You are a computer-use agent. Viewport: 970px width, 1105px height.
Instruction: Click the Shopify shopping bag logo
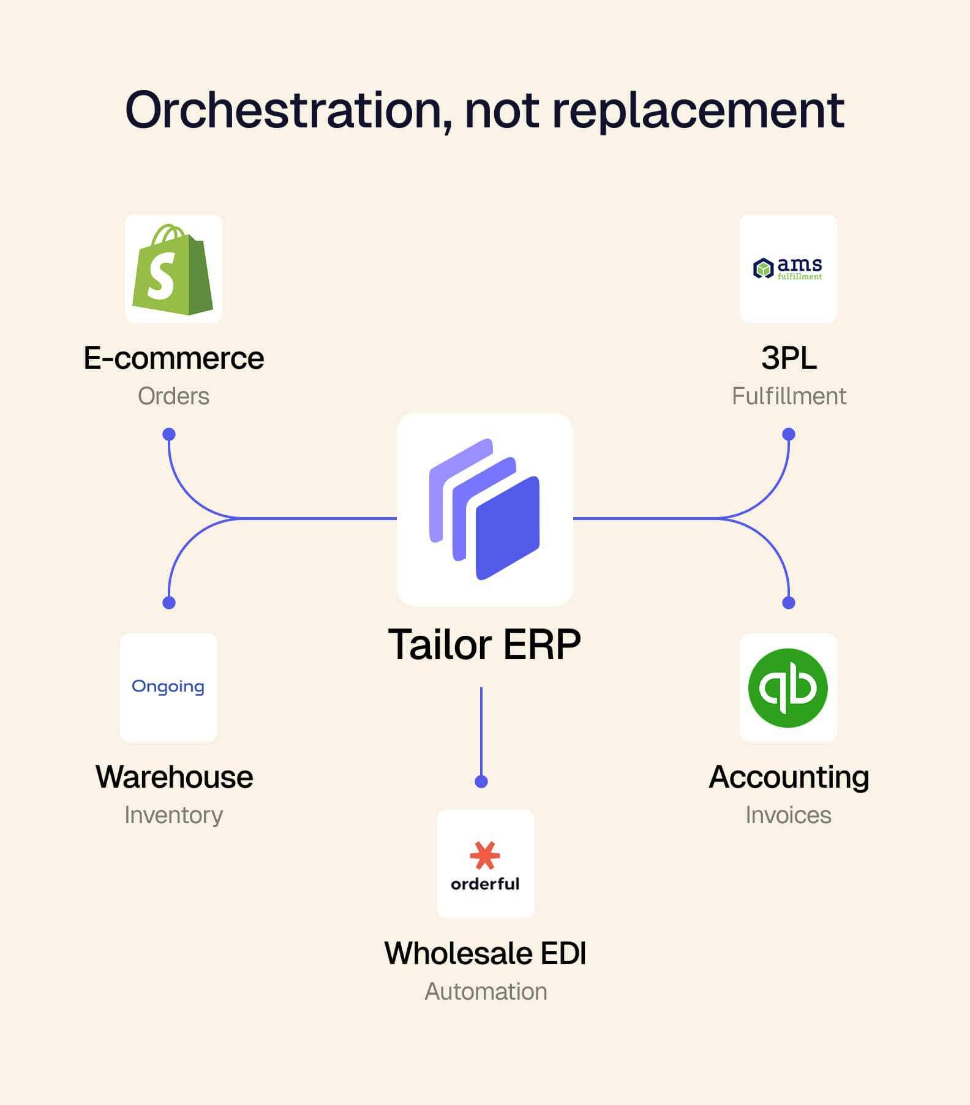pyautogui.click(x=173, y=270)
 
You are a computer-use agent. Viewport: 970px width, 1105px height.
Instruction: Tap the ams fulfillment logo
pyautogui.click(x=788, y=268)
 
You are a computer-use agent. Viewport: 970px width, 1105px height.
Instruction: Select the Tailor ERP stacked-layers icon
pyautogui.click(x=484, y=509)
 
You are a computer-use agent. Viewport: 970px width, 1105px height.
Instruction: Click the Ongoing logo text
pyautogui.click(x=168, y=687)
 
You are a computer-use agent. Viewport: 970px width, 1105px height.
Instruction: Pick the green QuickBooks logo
pyautogui.click(x=788, y=688)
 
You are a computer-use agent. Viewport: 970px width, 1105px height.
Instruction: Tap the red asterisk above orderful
pyautogui.click(x=485, y=855)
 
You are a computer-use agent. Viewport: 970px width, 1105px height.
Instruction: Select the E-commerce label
pyautogui.click(x=174, y=358)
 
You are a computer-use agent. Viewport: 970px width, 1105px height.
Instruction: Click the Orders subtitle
pyautogui.click(x=173, y=396)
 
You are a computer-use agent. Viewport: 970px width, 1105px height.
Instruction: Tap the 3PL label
pyautogui.click(x=789, y=358)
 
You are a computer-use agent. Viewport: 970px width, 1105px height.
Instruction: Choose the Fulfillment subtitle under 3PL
pyautogui.click(x=789, y=396)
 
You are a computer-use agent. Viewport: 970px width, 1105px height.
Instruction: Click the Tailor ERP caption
pyautogui.click(x=484, y=644)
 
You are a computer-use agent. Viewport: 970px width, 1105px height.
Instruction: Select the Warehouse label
pyautogui.click(x=174, y=777)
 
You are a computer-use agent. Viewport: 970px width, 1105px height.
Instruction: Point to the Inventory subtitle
pyautogui.click(x=173, y=815)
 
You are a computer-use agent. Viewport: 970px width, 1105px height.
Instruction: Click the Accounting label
pyautogui.click(x=789, y=778)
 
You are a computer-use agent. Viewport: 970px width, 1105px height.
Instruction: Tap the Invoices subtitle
pyautogui.click(x=788, y=815)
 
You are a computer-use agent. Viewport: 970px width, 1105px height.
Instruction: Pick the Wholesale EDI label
pyautogui.click(x=485, y=953)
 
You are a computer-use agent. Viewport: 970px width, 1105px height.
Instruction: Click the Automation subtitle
pyautogui.click(x=486, y=992)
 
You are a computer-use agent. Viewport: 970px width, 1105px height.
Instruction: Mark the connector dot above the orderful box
pyautogui.click(x=481, y=782)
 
